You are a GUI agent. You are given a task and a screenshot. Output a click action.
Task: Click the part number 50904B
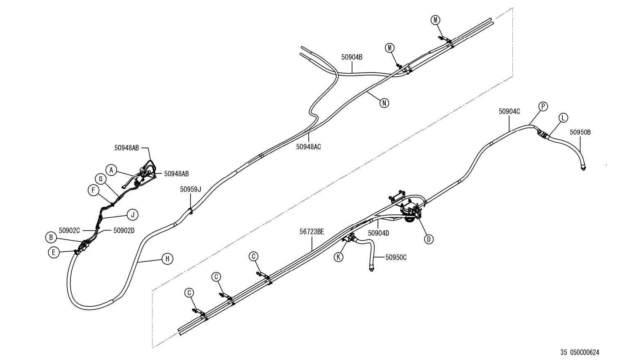pos(352,57)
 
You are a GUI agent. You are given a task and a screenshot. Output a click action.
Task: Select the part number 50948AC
pos(308,146)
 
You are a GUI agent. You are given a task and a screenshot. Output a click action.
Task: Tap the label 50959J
pos(191,189)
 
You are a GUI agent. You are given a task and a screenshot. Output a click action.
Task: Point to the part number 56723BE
pos(312,232)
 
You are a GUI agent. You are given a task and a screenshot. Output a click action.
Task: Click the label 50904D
pos(378,233)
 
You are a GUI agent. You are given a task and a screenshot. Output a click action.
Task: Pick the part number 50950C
pos(396,257)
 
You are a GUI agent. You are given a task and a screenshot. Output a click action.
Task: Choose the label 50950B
pos(580,132)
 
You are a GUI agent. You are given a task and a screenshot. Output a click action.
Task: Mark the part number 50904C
pos(509,111)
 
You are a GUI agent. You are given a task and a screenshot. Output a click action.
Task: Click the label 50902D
pos(124,230)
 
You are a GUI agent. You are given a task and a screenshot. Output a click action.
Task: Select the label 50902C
pos(69,230)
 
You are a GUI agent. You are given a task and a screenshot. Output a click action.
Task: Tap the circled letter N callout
pos(384,103)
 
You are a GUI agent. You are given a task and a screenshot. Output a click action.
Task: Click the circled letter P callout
pos(543,107)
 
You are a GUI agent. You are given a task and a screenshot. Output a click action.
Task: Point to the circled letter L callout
pos(563,118)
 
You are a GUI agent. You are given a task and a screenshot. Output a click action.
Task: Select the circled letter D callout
pos(428,239)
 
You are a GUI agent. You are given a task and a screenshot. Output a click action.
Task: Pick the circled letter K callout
pos(338,257)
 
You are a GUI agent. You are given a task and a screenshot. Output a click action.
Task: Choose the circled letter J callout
pos(132,214)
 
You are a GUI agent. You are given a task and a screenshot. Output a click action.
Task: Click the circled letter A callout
pos(111,169)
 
